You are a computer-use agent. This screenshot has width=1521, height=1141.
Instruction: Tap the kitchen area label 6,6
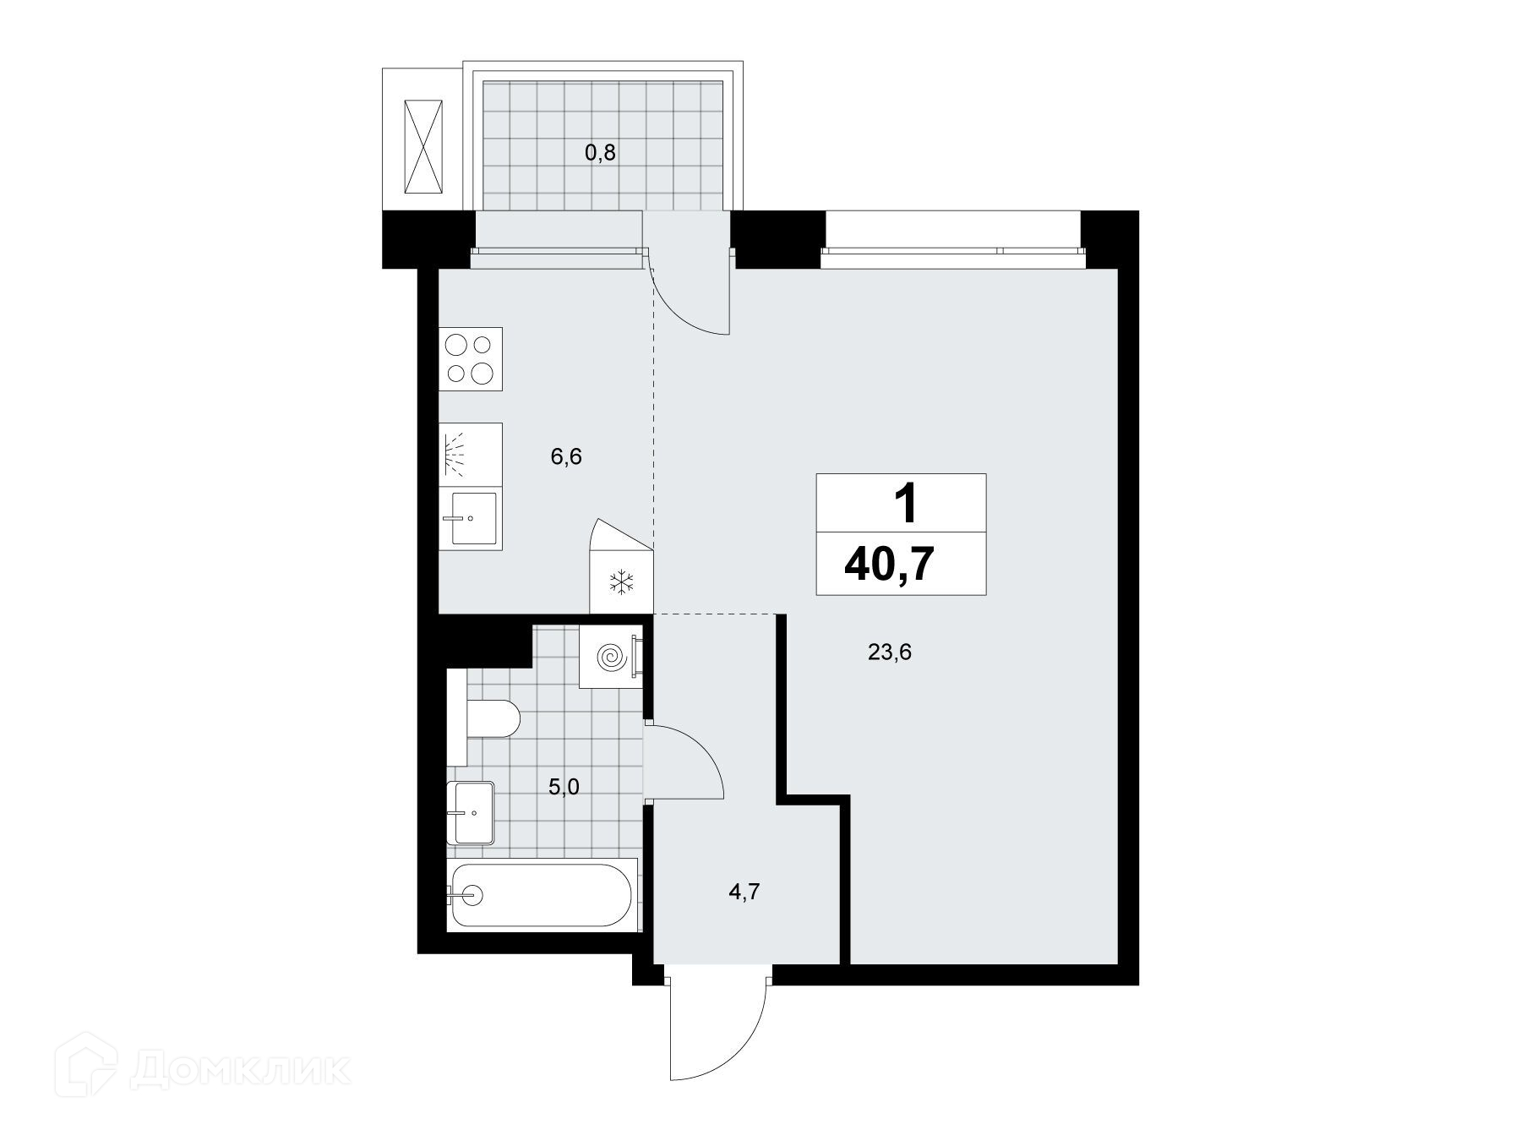pyautogui.click(x=566, y=457)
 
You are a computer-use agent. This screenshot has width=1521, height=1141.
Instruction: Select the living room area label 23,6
pyautogui.click(x=889, y=652)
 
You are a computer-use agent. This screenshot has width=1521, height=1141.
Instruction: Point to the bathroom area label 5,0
pyautogui.click(x=564, y=787)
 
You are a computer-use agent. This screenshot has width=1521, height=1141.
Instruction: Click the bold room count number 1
pyautogui.click(x=905, y=505)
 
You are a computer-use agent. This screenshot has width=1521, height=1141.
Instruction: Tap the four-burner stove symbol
pyautogui.click(x=471, y=359)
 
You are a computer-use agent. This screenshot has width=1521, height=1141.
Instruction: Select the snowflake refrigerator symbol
pyautogui.click(x=623, y=581)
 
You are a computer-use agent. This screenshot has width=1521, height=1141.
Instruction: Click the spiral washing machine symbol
pyautogui.click(x=611, y=657)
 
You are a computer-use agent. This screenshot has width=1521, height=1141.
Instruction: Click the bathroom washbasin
pyautogui.click(x=471, y=812)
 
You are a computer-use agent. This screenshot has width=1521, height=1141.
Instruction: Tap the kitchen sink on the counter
pyautogui.click(x=470, y=518)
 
